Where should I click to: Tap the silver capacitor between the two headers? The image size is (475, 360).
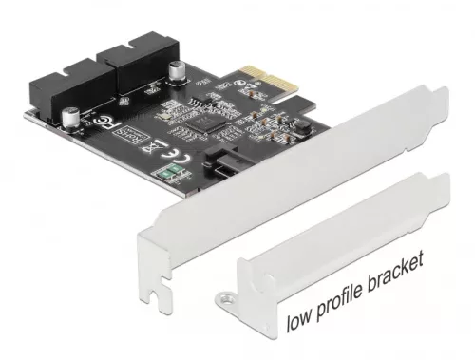pyautogui.click(x=177, y=73)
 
